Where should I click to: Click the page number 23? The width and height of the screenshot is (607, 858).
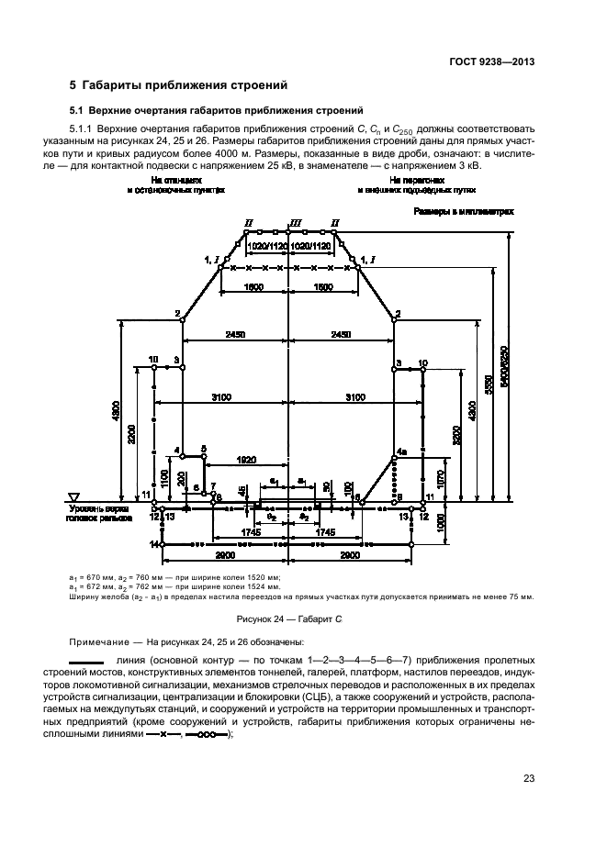pos(528,780)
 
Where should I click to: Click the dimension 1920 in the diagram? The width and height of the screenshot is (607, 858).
pos(245,458)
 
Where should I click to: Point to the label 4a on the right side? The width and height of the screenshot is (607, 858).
pos(400,452)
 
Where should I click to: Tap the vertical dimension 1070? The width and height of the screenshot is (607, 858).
pos(441,478)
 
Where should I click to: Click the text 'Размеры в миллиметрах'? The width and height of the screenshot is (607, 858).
pos(462,211)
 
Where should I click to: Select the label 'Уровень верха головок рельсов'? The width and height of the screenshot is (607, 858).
pos(99,512)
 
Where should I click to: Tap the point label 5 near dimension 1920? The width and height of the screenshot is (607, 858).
pos(204,448)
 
